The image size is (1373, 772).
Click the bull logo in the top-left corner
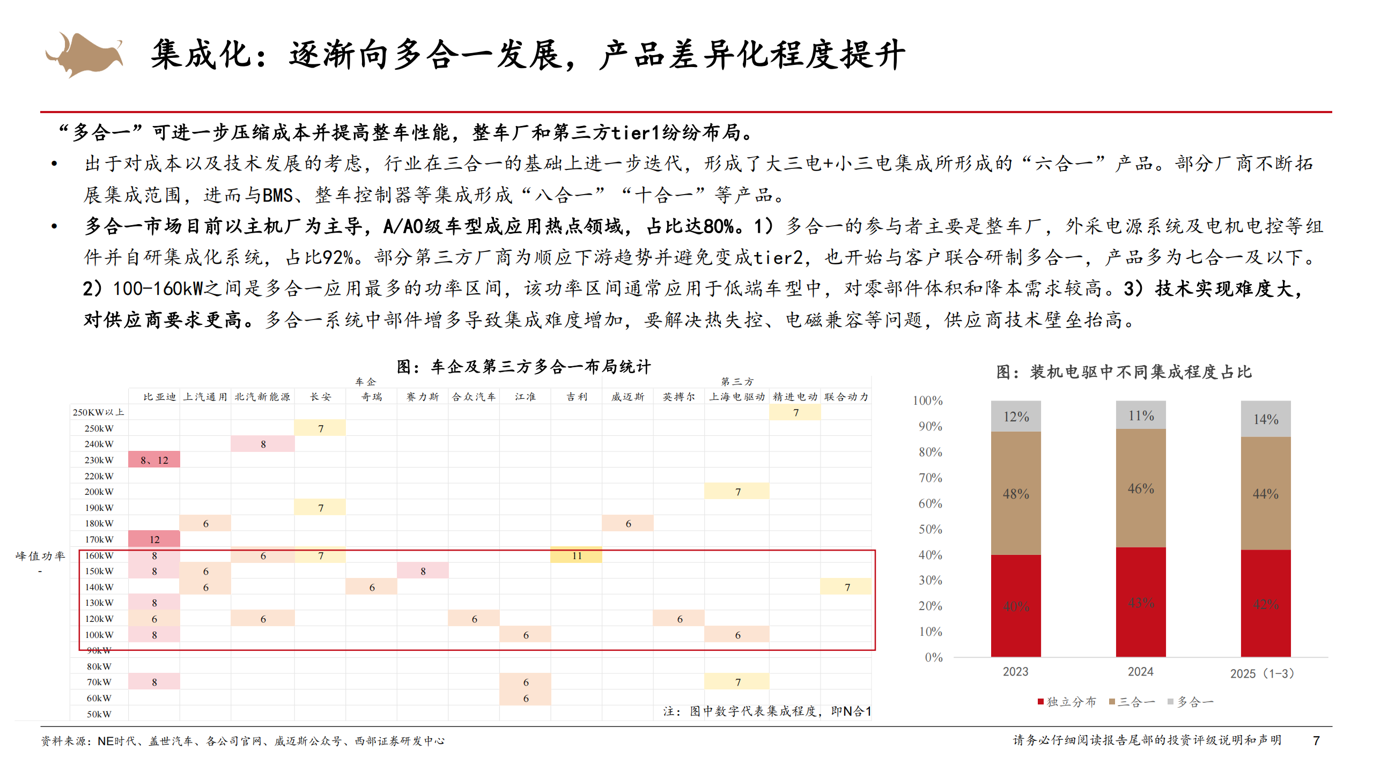(85, 54)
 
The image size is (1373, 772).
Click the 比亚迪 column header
(159, 397)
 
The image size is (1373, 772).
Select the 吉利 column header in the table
(577, 397)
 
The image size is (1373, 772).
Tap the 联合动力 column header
(846, 397)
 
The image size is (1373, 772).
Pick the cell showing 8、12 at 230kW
(154, 460)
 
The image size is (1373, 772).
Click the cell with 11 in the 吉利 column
(577, 555)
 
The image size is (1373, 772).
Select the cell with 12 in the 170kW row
(154, 539)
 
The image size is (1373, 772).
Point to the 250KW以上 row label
(99, 412)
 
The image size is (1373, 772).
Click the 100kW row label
(99, 635)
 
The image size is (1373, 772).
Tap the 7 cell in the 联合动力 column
(847, 587)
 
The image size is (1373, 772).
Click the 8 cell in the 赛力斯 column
(423, 571)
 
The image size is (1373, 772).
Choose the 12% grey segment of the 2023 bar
(1016, 417)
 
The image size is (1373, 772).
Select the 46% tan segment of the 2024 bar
(1141, 488)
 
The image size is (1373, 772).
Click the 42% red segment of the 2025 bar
(1266, 604)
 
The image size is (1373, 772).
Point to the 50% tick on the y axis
(930, 529)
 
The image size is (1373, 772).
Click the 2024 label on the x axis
(1140, 672)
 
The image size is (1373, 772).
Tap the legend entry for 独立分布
(1067, 702)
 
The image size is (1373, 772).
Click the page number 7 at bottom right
(1316, 740)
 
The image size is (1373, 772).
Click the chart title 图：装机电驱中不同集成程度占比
(1124, 372)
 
